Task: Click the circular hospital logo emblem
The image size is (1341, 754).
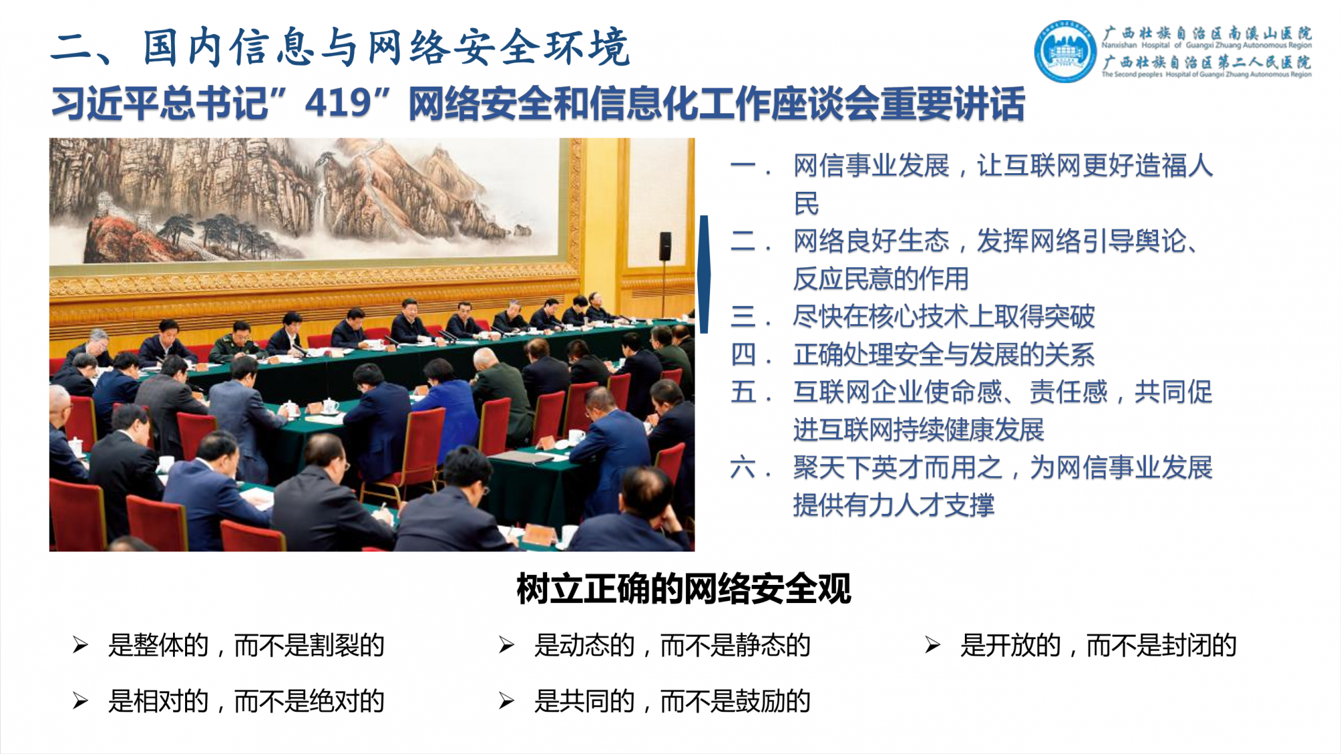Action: pos(1065,52)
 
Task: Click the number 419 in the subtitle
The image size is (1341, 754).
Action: pos(339,103)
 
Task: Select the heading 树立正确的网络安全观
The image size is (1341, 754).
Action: pos(684,589)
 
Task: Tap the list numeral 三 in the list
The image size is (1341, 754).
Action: pos(744,317)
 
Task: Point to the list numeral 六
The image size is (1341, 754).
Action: pos(744,468)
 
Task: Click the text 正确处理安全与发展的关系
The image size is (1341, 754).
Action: pos(944,355)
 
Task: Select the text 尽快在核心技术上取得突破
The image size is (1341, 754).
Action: pos(944,317)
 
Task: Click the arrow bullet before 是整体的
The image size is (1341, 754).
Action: pos(80,645)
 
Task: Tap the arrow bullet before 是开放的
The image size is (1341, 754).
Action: pos(933,645)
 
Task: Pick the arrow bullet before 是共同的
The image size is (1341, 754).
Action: pos(507,702)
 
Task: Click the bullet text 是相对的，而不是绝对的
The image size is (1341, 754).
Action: pos(246,702)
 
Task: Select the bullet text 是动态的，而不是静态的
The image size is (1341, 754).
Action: pos(673,645)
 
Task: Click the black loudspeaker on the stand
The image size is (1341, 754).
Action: pos(665,246)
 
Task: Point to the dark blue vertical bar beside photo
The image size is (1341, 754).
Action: pos(704,274)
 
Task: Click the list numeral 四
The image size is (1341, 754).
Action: pos(744,355)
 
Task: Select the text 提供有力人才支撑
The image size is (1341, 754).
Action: pos(894,505)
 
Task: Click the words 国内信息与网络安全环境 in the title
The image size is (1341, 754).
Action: pos(386,48)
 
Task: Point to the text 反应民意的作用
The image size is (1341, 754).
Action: pos(881,279)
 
